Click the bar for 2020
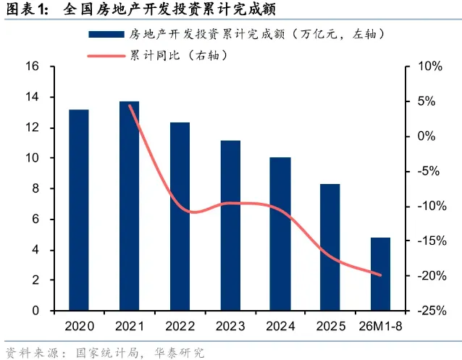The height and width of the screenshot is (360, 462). [x=79, y=210]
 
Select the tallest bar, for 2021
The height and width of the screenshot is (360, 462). [x=130, y=206]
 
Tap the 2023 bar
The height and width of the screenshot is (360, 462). [x=230, y=225]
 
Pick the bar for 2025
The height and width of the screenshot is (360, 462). [x=330, y=247]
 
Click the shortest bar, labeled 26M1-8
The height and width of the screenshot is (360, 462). [x=380, y=274]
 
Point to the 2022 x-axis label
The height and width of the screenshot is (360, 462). [x=180, y=327]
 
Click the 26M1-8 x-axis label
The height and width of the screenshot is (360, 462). [x=380, y=327]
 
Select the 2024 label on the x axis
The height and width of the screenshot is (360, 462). [x=280, y=327]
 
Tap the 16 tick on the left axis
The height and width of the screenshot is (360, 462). [x=33, y=66]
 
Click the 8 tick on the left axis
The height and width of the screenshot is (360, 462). [x=35, y=188]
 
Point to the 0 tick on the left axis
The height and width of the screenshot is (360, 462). [x=35, y=311]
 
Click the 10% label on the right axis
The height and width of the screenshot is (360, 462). [x=430, y=67]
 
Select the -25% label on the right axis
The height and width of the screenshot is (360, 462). [x=432, y=311]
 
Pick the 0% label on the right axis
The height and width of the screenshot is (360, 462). [x=427, y=136]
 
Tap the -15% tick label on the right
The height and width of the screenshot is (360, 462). [x=432, y=241]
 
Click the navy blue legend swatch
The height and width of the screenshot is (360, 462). [x=106, y=35]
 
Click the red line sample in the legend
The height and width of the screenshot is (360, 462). [x=106, y=56]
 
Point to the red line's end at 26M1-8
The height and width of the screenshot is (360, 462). [x=380, y=275]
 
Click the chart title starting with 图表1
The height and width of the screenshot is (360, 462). [x=141, y=9]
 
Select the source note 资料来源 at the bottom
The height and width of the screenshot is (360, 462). [x=105, y=353]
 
